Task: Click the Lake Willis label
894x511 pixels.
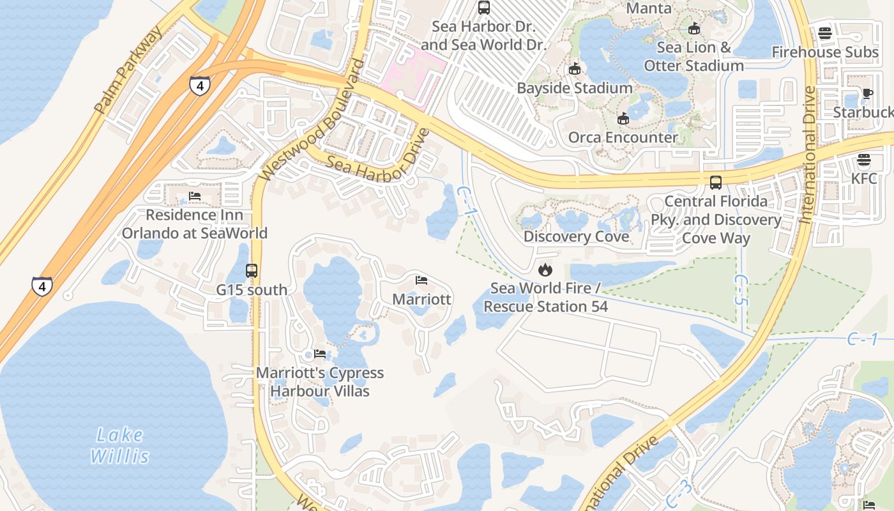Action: [x=119, y=446]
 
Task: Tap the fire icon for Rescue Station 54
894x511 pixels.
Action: [x=545, y=270]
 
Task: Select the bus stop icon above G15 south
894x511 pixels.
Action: [x=252, y=271]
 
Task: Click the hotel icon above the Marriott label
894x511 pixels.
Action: [x=421, y=280]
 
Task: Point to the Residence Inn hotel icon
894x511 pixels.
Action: [x=195, y=196]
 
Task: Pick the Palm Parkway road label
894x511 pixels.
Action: [x=128, y=71]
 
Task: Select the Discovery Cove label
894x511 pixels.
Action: [x=576, y=236]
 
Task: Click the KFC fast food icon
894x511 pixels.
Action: [x=864, y=160]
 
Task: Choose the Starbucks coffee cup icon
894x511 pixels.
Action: [x=867, y=94]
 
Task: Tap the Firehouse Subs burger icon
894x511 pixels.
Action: [x=825, y=33]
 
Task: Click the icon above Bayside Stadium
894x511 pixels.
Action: [x=575, y=69]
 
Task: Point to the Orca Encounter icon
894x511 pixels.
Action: [x=623, y=119]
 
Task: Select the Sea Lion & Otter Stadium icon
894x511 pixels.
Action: [x=694, y=29]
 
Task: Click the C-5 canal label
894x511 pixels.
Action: [x=740, y=290]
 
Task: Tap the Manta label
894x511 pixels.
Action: [x=649, y=8]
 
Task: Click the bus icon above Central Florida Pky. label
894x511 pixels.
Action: [x=716, y=183]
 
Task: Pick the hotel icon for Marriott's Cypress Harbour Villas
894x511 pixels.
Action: [x=320, y=354]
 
